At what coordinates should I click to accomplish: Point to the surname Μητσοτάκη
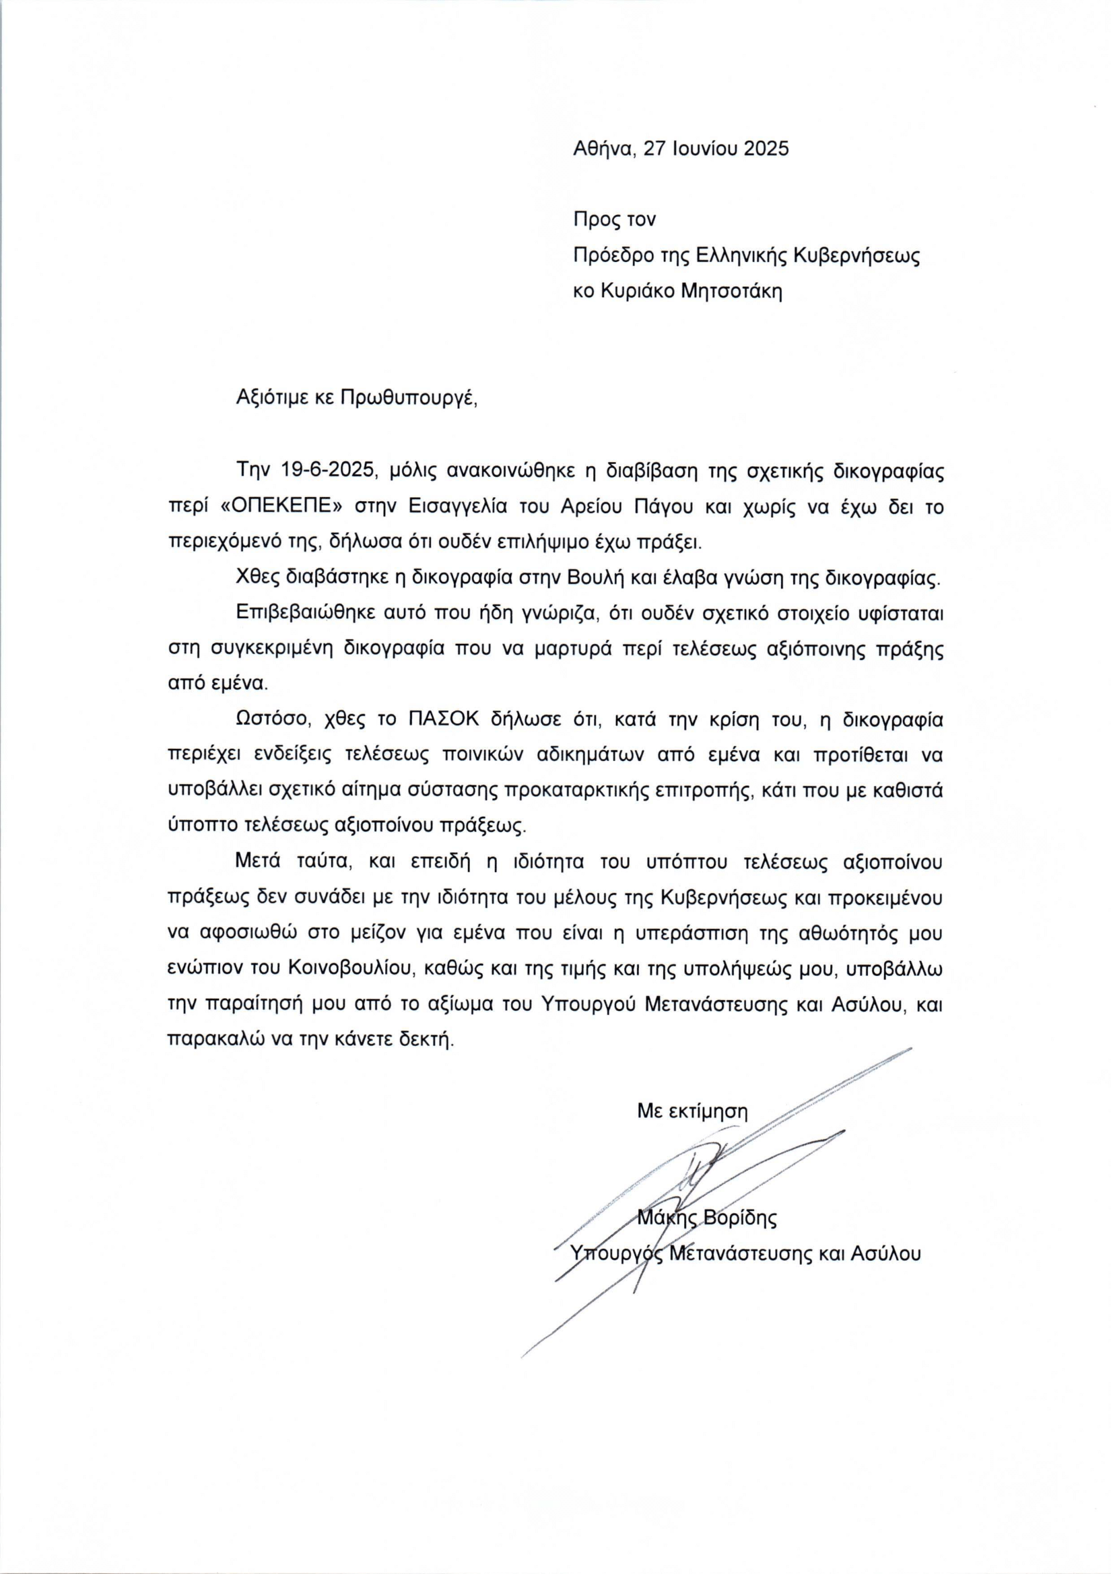[x=732, y=291]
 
